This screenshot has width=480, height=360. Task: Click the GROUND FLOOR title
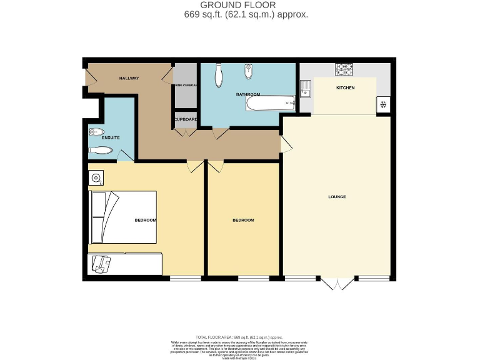coord(241,5)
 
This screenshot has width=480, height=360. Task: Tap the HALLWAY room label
coord(129,78)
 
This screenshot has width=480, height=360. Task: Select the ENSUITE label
coord(94,137)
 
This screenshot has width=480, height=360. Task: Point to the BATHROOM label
coord(247,94)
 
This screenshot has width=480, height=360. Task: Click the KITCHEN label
coord(345,87)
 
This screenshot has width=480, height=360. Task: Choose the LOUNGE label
coord(337,197)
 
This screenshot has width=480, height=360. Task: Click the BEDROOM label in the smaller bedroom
coord(243,220)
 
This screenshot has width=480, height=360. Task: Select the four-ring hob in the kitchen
coord(344,69)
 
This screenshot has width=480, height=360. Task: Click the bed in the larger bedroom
coord(122,217)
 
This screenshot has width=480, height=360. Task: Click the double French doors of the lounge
coord(338,284)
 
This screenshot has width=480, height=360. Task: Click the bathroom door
coord(221,133)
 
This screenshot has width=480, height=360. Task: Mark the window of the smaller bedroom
coord(249,277)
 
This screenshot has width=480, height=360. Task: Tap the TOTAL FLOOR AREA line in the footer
coord(240,337)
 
